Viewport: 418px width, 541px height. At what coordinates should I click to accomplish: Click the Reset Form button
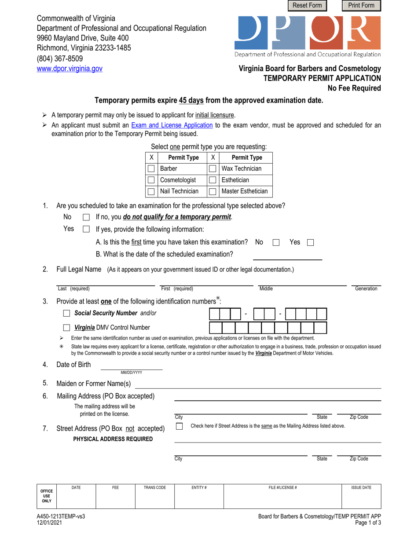click(308, 6)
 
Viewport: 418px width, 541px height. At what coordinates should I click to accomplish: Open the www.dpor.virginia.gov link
click(70, 69)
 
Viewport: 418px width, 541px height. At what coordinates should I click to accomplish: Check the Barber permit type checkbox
click(151, 168)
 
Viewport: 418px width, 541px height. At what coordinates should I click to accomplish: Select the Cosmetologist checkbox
click(151, 180)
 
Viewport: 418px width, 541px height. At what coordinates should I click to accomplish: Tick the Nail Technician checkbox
click(151, 191)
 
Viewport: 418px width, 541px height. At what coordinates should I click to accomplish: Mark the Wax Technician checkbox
click(213, 168)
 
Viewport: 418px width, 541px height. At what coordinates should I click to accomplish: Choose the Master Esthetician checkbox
click(213, 191)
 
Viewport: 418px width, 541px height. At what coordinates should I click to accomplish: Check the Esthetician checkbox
click(213, 180)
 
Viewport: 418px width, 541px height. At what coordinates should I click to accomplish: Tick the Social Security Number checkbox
click(66, 314)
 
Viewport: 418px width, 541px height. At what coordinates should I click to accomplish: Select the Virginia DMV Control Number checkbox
click(66, 327)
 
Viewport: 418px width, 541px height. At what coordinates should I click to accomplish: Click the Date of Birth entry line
click(132, 365)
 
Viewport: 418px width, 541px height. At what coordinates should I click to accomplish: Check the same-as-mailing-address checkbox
click(179, 426)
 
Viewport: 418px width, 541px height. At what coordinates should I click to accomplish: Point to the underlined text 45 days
click(191, 100)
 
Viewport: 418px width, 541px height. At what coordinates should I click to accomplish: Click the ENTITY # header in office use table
click(199, 488)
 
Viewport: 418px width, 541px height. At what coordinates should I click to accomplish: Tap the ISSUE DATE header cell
click(361, 488)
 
